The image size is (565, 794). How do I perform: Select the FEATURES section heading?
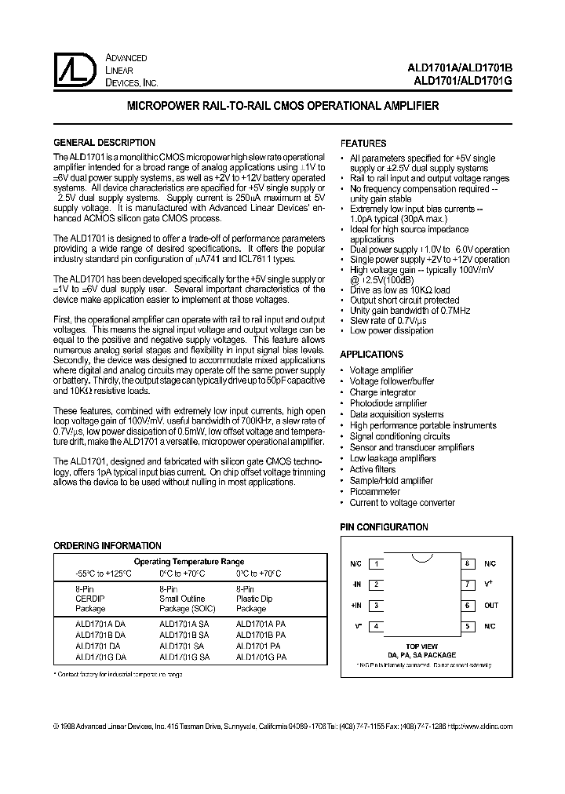(363, 144)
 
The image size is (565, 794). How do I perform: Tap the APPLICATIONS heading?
(371, 355)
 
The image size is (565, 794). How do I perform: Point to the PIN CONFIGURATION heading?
(384, 528)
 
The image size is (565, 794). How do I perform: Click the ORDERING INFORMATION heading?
(107, 545)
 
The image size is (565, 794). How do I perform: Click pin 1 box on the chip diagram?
(377, 563)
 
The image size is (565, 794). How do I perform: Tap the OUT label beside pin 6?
(491, 605)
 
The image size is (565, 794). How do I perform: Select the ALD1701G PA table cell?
(261, 656)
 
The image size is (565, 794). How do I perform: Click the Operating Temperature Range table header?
(188, 562)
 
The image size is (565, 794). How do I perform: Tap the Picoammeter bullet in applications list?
(374, 492)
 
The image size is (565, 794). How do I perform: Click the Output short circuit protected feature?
(404, 300)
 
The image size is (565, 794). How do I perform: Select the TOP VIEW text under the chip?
(422, 646)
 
